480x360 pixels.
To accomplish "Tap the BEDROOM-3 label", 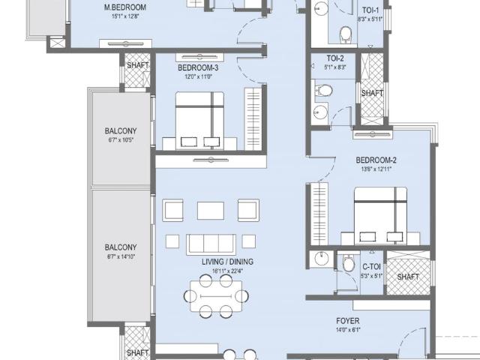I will [198, 67].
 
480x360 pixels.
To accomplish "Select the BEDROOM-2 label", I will [376, 160].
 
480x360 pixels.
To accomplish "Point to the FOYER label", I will [348, 321].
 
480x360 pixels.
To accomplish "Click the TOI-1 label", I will [370, 10].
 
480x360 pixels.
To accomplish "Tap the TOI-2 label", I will [335, 58].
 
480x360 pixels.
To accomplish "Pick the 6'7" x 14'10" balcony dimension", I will [121, 256].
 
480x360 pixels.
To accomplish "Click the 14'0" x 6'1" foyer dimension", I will [347, 330].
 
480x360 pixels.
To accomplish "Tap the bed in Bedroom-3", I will [199, 121].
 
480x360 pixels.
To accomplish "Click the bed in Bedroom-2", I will [380, 217].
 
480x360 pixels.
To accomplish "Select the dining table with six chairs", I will [214, 295].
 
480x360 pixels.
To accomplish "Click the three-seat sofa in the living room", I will [211, 243].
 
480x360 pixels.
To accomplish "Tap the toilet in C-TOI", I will [348, 265].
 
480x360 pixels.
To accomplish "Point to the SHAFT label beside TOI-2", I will [372, 93].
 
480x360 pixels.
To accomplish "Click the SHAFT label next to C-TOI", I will [408, 277].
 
